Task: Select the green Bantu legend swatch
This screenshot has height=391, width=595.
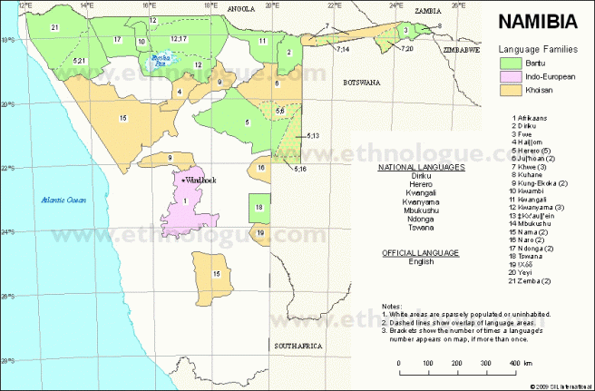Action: pyautogui.click(x=511, y=63)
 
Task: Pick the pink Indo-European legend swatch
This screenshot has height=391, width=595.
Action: pyautogui.click(x=511, y=77)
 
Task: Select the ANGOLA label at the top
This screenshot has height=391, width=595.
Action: pyautogui.click(x=241, y=7)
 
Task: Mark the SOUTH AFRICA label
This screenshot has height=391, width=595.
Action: pyautogui.click(x=295, y=347)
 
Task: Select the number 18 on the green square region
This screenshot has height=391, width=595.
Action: pyautogui.click(x=260, y=207)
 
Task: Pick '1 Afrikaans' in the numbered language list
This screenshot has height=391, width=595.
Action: pyautogui.click(x=536, y=119)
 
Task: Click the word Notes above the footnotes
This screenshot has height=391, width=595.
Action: pyautogui.click(x=392, y=307)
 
